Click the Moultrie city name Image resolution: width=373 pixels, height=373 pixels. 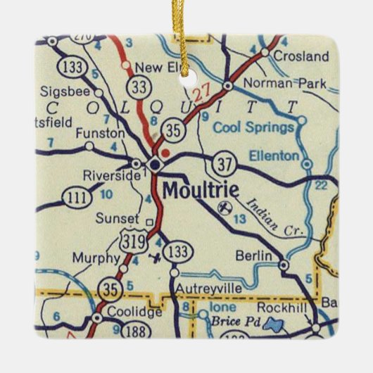201,190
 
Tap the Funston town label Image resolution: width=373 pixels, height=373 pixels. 104,132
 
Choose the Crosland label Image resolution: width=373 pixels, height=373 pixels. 301,56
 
